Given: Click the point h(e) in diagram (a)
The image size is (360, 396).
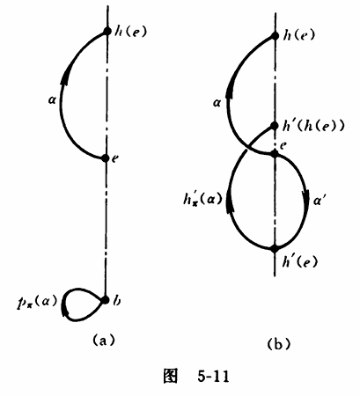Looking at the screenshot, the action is tap(107, 31).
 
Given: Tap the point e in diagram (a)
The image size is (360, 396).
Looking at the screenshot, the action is tap(106, 158).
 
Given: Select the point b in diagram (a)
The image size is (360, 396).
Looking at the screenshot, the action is tap(105, 300).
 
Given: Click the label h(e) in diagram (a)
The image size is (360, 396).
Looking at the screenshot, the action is tap(130, 32).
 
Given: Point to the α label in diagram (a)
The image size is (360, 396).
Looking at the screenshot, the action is tap(53, 100).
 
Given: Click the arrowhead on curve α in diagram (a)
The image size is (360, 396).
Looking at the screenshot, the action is tap(65, 77).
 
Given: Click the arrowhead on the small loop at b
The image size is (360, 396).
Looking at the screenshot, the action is tap(64, 311).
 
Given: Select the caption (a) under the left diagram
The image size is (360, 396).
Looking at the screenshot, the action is tap(104, 341).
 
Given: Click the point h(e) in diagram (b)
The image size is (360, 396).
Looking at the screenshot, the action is tap(275, 36).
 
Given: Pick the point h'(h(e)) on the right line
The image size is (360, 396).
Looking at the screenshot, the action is tap(275, 126).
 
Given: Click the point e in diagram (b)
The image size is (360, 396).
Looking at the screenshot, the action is tap(275, 153).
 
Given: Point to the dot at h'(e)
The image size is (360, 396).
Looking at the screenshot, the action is tap(274, 249).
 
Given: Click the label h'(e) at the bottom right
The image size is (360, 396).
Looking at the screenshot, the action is tap(300, 261).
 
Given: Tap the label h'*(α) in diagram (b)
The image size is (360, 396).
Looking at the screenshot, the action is tap(202, 200).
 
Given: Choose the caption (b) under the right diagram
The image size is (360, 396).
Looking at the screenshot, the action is tap(278, 343).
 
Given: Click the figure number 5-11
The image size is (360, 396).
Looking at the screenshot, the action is tap(213, 376).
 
